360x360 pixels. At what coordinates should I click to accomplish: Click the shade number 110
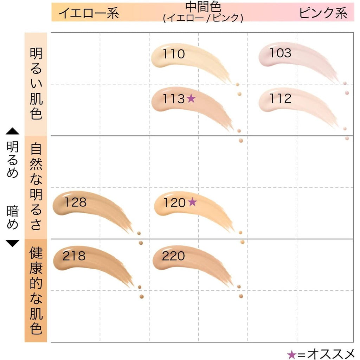click(x=174, y=54)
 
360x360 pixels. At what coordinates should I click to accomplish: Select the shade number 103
click(x=280, y=53)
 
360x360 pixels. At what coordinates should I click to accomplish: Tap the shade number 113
click(x=174, y=99)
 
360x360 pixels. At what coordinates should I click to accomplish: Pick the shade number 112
click(x=280, y=98)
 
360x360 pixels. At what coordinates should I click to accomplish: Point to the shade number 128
click(x=76, y=202)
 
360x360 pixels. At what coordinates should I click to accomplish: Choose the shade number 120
click(x=174, y=203)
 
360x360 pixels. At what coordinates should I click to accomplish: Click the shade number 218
click(x=74, y=256)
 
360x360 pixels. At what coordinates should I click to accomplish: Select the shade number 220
click(x=173, y=256)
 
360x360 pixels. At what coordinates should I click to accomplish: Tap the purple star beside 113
click(x=191, y=98)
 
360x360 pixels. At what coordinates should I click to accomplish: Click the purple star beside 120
click(x=192, y=202)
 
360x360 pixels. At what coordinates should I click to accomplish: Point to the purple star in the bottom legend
click(x=291, y=355)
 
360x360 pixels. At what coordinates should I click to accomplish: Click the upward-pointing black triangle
click(x=12, y=131)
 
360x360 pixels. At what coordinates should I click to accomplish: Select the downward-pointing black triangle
click(x=12, y=244)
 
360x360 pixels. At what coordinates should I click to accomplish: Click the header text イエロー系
click(x=89, y=13)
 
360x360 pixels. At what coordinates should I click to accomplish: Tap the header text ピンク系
click(x=323, y=13)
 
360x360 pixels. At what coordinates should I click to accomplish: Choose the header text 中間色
click(x=203, y=7)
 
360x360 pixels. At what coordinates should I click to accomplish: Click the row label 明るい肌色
click(x=36, y=84)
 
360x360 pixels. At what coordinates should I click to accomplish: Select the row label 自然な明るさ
click(x=36, y=186)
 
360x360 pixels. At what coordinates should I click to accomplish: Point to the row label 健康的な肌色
click(x=36, y=290)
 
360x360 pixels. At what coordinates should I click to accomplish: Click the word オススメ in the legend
click(x=331, y=354)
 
